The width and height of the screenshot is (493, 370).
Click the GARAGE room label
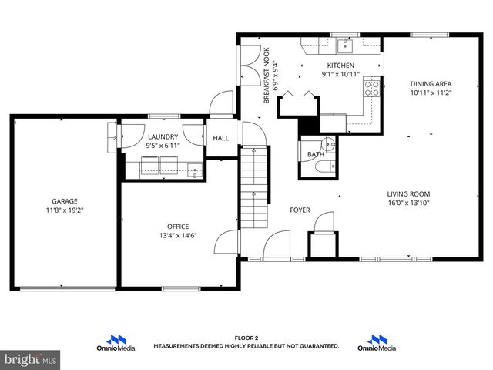65,200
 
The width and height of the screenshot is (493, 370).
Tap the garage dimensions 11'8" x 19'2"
65,209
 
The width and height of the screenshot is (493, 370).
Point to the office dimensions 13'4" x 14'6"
178,236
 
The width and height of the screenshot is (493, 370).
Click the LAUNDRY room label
163,136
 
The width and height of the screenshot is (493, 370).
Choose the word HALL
221,139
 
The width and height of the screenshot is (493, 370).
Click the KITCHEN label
340,66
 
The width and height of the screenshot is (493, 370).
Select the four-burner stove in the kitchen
371,88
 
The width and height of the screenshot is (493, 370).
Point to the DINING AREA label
431,83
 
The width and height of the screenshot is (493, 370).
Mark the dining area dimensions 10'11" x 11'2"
431,92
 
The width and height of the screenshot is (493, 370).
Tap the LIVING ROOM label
408,194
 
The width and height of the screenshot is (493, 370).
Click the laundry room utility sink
196,169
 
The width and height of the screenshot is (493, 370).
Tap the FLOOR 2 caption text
246,338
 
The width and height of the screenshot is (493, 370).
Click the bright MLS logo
31,359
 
